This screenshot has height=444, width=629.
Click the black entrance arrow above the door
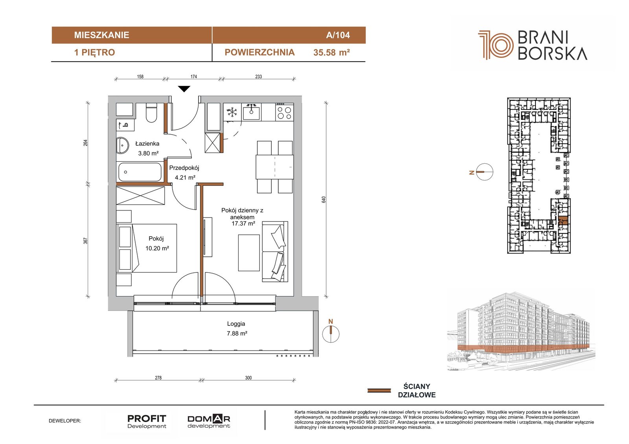click(x=184, y=89)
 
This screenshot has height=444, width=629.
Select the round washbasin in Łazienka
click(x=122, y=145)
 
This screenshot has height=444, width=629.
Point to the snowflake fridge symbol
click(x=232, y=112)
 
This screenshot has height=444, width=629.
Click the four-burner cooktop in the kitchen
click(x=284, y=112)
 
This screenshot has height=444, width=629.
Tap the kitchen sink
click(x=252, y=112)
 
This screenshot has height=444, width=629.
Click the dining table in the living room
click(x=274, y=167)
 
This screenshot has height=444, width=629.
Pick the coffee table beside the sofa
click(x=249, y=253)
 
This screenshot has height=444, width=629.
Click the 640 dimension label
click(x=324, y=200)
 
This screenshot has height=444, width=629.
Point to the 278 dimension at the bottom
click(x=158, y=378)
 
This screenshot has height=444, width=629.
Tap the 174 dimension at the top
click(x=194, y=77)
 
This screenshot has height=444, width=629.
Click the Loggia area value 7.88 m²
click(x=237, y=334)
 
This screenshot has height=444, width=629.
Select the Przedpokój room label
click(x=184, y=168)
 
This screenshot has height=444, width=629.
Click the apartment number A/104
click(x=338, y=35)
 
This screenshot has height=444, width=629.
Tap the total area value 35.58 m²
click(x=332, y=53)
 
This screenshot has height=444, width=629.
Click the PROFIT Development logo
click(x=147, y=422)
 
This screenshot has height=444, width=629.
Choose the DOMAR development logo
click(x=209, y=422)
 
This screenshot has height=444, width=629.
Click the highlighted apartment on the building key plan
click(x=563, y=221)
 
